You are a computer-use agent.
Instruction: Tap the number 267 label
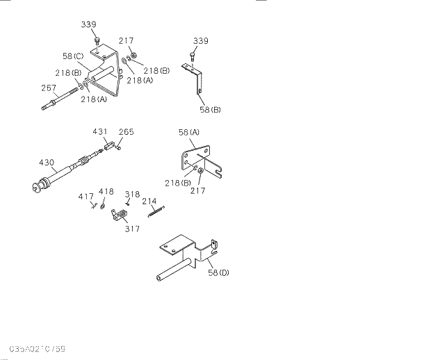(x=49, y=88)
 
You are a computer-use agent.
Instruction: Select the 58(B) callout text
(x=209, y=110)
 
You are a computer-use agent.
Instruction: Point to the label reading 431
(x=100, y=131)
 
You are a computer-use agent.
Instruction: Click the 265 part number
(x=126, y=131)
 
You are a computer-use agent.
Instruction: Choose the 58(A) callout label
(x=188, y=132)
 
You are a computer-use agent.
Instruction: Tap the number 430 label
(x=47, y=162)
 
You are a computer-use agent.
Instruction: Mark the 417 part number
(x=86, y=197)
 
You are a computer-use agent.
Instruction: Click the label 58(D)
(x=218, y=272)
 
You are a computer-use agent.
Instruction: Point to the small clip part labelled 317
(x=119, y=215)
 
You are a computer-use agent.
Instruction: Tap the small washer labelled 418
(x=103, y=206)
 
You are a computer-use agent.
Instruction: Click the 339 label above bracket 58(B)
(x=200, y=41)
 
